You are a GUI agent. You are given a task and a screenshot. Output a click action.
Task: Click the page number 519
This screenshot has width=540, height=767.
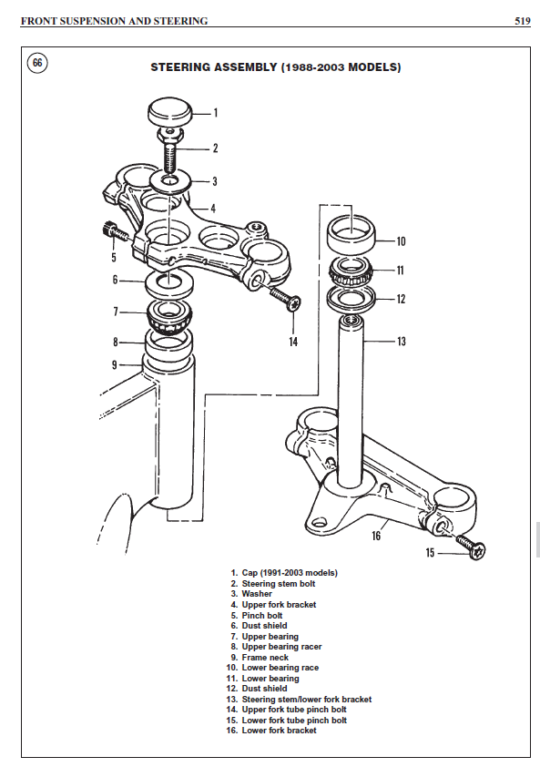click(x=522, y=20)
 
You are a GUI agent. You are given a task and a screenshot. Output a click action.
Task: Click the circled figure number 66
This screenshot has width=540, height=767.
click(x=37, y=63)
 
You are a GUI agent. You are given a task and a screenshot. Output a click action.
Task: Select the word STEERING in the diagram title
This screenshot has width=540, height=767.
click(x=182, y=67)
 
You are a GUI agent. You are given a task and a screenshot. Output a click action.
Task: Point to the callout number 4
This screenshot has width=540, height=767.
click(x=213, y=208)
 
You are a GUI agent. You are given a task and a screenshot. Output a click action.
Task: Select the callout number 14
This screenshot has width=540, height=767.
click(x=293, y=342)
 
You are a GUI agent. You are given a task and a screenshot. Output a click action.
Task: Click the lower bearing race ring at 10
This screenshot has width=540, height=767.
click(x=352, y=235)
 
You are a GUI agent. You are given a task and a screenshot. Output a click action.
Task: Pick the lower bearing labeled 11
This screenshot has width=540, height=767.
click(x=351, y=271)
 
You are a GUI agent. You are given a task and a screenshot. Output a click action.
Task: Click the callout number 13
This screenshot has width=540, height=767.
click(x=402, y=342)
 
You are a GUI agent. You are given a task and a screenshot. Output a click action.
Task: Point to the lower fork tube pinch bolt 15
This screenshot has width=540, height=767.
click(x=472, y=550)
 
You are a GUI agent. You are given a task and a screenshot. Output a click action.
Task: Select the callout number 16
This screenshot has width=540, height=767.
click(x=376, y=536)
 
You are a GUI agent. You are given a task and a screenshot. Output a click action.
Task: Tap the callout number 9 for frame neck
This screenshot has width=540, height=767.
click(x=115, y=364)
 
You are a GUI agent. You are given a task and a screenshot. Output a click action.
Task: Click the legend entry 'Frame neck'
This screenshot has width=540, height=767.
click(x=265, y=657)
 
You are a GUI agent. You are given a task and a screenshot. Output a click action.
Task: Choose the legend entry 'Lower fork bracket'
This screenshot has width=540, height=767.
click(x=279, y=731)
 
